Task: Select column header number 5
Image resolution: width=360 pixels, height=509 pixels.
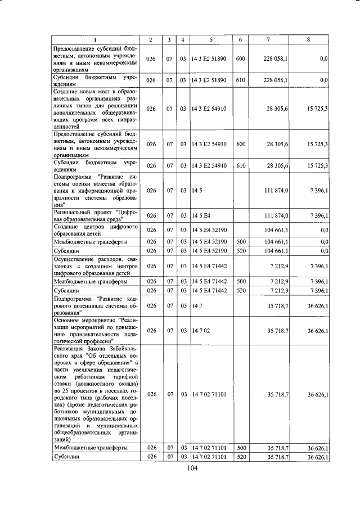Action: [210, 39]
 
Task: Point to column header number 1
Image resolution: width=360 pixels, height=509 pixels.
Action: [94, 39]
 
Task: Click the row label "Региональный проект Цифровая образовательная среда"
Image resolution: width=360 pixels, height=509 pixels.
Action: [94, 216]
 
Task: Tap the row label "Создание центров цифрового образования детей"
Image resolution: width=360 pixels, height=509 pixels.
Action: [94, 230]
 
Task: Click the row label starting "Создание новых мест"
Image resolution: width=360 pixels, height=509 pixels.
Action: [94, 108]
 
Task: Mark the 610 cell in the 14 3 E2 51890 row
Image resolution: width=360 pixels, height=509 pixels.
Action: [240, 80]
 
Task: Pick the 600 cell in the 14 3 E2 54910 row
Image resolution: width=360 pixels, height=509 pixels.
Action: [240, 145]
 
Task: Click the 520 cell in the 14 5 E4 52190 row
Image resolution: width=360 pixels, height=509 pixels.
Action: [240, 250]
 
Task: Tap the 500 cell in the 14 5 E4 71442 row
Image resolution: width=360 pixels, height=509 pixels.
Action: [240, 281]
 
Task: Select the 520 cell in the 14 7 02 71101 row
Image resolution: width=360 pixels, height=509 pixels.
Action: [240, 457]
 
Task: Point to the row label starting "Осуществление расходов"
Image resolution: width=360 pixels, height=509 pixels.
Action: [94, 265]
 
